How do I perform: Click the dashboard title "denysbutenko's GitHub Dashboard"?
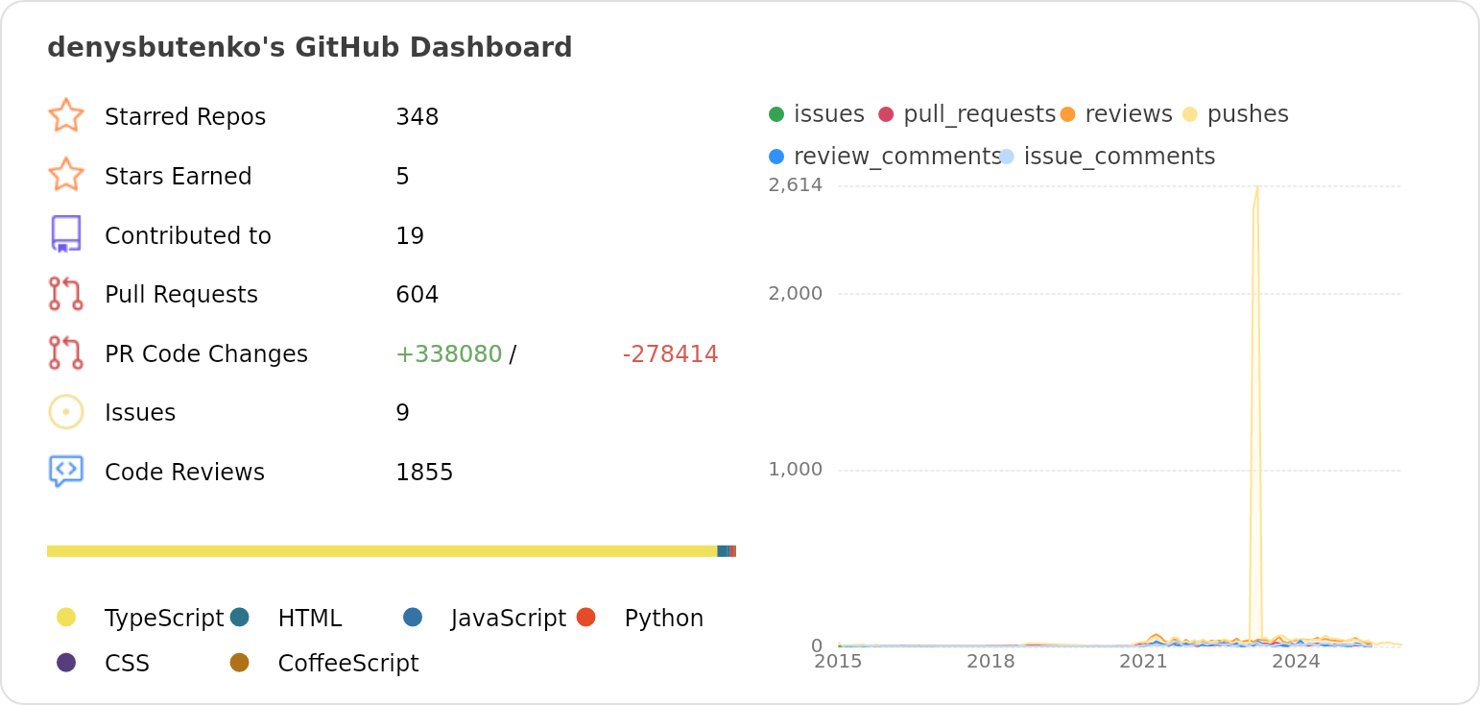point(309,47)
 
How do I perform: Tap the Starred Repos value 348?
point(417,117)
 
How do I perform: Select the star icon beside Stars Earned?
point(66,175)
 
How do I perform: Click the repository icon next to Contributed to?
point(66,234)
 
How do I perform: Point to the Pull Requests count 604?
point(417,295)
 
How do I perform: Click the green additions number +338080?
point(448,354)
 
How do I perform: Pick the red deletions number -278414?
point(670,354)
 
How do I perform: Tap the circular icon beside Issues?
point(66,412)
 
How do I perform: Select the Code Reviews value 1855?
point(423,473)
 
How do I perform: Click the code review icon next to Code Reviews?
point(66,471)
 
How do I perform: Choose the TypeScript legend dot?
point(66,617)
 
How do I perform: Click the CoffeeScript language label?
point(347,664)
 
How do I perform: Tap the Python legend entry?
point(663,619)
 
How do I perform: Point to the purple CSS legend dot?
point(66,663)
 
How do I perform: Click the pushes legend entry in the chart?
point(1247,114)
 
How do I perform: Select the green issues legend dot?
point(776,114)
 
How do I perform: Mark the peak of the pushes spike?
point(1256,186)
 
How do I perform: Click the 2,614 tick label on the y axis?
point(795,185)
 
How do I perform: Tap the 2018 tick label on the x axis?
point(991,662)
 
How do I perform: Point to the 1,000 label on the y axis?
point(795,470)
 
